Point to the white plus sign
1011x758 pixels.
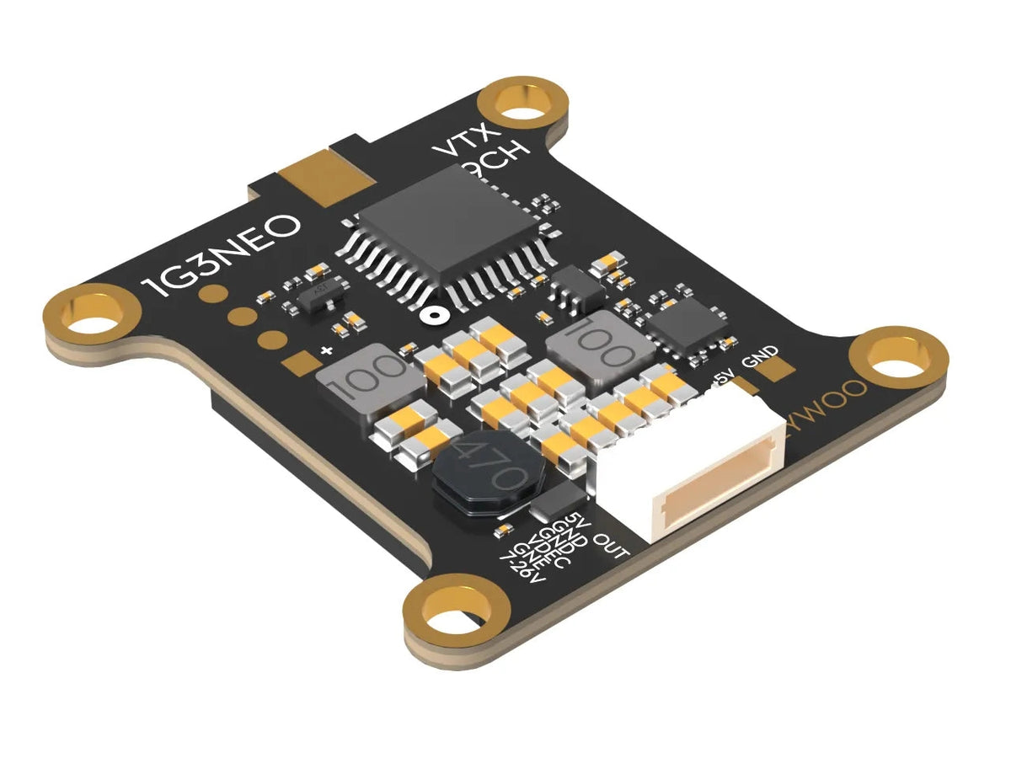325,350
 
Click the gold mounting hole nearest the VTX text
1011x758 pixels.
521,104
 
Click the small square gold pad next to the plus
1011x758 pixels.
297,364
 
